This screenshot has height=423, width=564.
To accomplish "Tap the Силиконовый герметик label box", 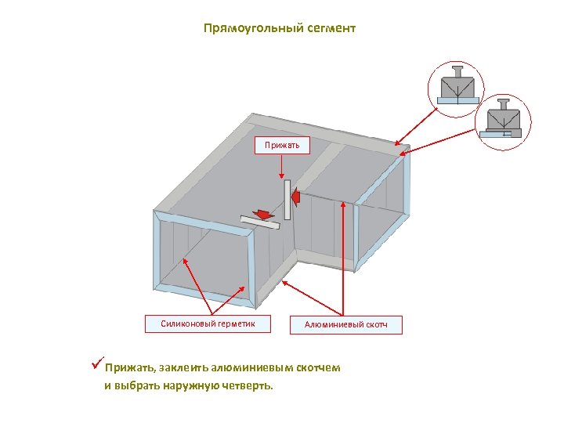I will (208, 323).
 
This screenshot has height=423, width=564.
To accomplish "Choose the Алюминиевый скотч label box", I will (345, 324).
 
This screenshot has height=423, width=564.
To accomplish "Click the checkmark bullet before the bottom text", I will (97, 365).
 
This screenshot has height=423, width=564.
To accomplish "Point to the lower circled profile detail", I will (503, 121).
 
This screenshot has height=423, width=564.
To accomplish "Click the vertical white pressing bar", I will (287, 199).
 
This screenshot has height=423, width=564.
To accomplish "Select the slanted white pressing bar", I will (259, 223).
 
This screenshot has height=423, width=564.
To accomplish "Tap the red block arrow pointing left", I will (295, 194).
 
